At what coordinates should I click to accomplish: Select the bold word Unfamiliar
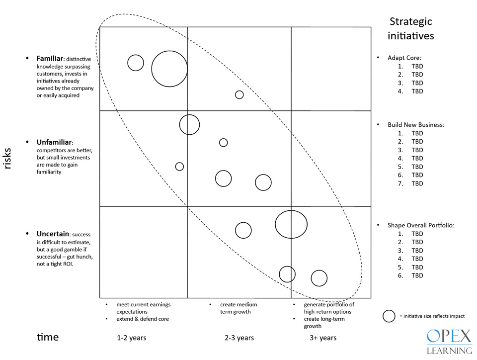pos(55,142)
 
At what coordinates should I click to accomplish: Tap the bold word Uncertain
pos(53,234)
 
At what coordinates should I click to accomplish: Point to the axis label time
pos(48,337)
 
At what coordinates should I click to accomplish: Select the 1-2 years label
pos(131,338)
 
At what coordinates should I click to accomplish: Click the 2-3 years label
pos(239,338)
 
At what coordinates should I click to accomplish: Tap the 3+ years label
pos(323,338)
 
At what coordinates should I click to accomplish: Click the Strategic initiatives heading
pos(411,29)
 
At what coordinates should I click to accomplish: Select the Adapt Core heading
pos(404,58)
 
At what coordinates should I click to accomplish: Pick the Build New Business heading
pos(415,125)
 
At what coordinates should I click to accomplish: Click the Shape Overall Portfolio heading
pos(420,225)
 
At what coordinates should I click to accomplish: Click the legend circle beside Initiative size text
pos(389,316)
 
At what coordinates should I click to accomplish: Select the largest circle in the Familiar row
pos(169,69)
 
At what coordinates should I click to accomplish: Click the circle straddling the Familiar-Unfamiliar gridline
pos(189,124)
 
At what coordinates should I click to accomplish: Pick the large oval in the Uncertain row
pos(291,224)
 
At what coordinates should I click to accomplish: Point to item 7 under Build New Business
pos(416,183)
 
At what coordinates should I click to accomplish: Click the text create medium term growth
pos(238,308)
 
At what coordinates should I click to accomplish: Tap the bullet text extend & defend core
pos(143,319)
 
